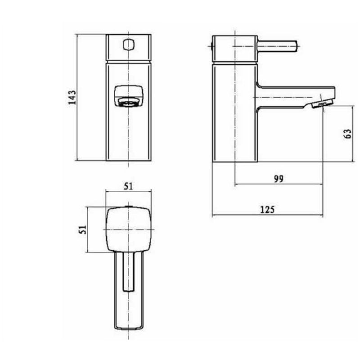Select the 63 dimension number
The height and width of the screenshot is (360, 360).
pyautogui.click(x=346, y=134)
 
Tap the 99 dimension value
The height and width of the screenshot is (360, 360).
pyautogui.click(x=279, y=179)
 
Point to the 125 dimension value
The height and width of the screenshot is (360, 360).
pyautogui.click(x=267, y=209)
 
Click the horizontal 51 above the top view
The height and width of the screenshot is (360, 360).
pyautogui.click(x=128, y=187)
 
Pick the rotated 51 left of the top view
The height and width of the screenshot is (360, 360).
pyautogui.click(x=82, y=229)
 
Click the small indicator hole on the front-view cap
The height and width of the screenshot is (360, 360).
pyautogui.click(x=129, y=45)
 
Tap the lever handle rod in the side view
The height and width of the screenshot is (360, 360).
pyautogui.click(x=277, y=46)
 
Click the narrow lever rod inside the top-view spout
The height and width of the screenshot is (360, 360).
pyautogui.click(x=129, y=270)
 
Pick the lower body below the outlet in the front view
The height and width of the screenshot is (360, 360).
pyautogui.click(x=129, y=135)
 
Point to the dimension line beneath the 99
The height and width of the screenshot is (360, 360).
pyautogui.click(x=279, y=184)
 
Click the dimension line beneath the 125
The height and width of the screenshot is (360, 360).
pyautogui.click(x=267, y=215)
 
